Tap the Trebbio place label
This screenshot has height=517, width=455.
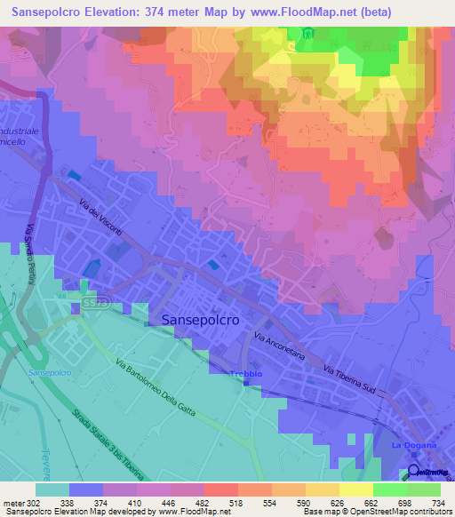(247, 374)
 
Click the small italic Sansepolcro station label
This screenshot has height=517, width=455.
(49, 373)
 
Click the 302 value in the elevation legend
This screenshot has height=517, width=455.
(35, 502)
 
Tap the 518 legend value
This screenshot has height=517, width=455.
(235, 502)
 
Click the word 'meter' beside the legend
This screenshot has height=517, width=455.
(12, 502)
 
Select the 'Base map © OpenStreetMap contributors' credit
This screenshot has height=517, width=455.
(375, 512)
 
